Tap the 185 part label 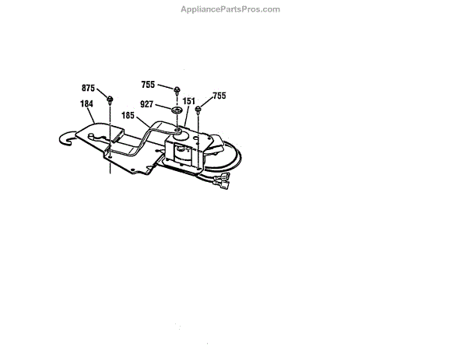click(128, 115)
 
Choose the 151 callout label click(188, 101)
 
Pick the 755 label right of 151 click(219, 96)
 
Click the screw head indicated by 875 click(111, 99)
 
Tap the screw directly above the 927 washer click(178, 90)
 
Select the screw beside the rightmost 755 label click(199, 108)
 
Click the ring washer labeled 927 click(177, 110)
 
